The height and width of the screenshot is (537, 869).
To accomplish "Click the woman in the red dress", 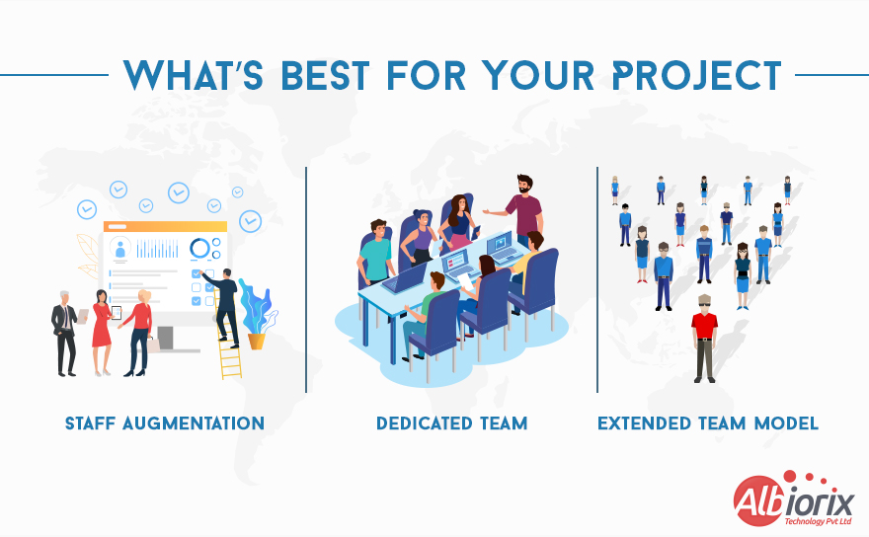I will (x=102, y=331).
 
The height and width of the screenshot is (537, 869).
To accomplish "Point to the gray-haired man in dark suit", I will (x=65, y=331).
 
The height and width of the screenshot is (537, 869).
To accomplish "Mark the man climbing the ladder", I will (x=225, y=301).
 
